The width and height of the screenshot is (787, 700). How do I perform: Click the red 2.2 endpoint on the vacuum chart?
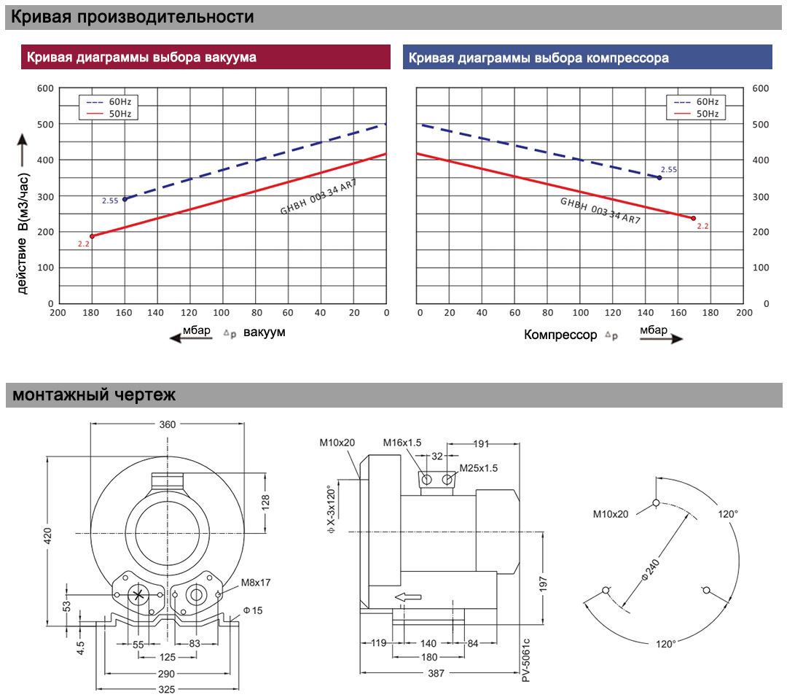coord(92,236)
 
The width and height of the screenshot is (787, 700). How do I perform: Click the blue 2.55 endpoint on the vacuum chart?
coord(125,199)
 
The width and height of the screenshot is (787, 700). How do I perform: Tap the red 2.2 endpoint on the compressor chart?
coord(693,219)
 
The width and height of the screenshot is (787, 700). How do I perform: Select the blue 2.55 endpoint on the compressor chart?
coord(659,178)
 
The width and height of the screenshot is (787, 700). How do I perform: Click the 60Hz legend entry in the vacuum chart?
coord(109,102)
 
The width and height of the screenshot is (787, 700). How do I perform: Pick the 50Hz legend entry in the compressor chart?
coord(696,114)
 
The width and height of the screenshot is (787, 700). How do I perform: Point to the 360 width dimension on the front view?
coord(168,424)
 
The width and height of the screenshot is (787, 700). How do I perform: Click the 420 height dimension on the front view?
coord(47,535)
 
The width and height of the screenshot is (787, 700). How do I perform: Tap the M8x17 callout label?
coord(256,583)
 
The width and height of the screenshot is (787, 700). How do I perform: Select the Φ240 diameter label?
coord(651,570)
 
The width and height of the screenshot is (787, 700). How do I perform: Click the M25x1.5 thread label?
coord(479,468)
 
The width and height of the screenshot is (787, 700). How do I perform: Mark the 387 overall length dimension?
coord(436,673)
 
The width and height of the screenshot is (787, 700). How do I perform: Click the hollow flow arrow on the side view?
coord(408,597)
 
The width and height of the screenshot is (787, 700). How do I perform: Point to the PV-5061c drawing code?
coord(526,661)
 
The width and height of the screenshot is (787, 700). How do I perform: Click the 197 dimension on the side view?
coord(543,584)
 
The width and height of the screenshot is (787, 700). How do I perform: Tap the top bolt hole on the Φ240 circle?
coord(656,502)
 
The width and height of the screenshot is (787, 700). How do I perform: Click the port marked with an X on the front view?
coord(138,596)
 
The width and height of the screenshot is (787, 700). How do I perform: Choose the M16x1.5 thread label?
coord(402,443)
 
